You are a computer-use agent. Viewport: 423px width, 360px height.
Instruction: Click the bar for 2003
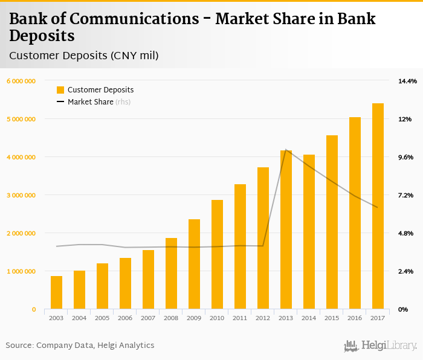click(x=56, y=293)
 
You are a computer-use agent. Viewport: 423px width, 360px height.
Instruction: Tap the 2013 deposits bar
click(x=286, y=230)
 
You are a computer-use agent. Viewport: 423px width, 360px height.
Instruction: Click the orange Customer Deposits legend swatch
click(x=60, y=90)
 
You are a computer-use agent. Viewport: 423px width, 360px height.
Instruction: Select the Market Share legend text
click(x=90, y=102)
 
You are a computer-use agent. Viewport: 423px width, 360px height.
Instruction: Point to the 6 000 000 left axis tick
click(x=21, y=81)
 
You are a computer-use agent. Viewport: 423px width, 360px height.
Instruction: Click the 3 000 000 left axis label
click(x=21, y=195)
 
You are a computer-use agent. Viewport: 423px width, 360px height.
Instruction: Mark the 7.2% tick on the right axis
click(x=405, y=195)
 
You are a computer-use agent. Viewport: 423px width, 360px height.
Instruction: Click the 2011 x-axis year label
click(x=240, y=318)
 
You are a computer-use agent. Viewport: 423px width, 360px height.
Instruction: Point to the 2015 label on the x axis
click(x=332, y=318)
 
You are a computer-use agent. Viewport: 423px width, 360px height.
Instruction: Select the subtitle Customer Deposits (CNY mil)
click(x=84, y=56)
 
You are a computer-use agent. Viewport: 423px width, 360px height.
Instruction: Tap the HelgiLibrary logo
click(x=381, y=346)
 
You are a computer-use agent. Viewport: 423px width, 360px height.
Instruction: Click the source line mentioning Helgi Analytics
click(x=80, y=346)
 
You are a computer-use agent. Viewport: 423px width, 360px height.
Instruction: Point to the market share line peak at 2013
click(x=286, y=149)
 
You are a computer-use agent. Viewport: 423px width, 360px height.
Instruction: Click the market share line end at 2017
click(x=378, y=207)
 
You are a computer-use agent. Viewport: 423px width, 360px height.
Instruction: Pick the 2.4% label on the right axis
click(x=405, y=271)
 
